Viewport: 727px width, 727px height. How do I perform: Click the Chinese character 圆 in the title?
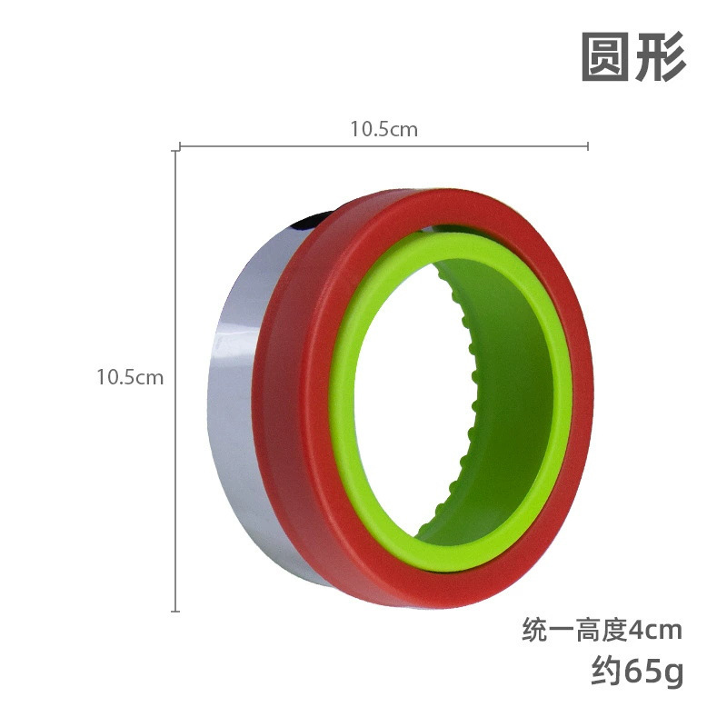606,56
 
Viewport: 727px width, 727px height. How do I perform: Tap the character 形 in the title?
661,56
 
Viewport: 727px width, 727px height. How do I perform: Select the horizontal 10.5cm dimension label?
383,129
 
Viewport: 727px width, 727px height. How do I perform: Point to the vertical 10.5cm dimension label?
130,377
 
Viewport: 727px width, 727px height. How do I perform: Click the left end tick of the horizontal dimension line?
180,146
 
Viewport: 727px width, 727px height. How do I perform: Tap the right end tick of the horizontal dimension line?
588,146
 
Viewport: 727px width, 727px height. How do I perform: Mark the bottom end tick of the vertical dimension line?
175,611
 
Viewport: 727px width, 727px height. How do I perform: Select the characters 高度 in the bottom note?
602,630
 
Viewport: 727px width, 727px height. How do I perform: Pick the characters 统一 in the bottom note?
549,630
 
